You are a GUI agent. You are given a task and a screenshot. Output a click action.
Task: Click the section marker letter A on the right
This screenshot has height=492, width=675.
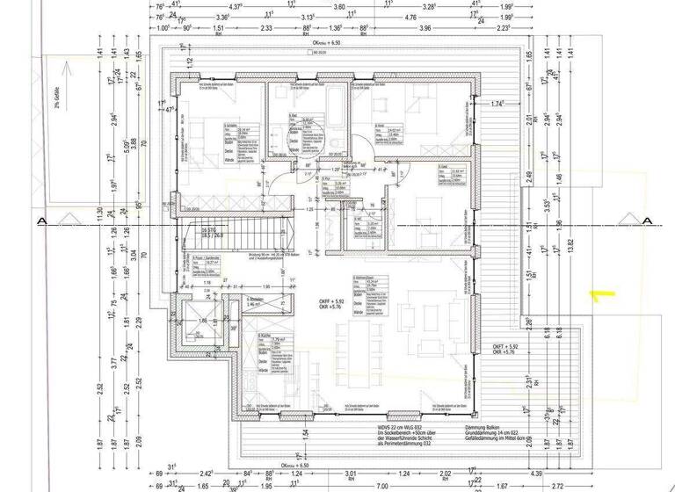coord(647,220)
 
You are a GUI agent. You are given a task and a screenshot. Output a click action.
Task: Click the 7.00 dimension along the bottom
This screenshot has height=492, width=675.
coord(381,485)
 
